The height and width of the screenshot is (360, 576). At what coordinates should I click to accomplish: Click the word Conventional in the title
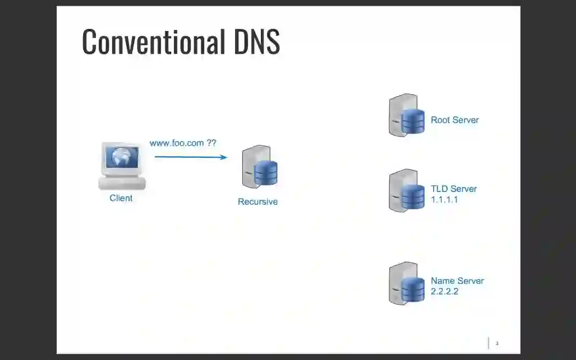(x=153, y=42)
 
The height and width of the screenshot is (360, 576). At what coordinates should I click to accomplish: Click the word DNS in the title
(x=257, y=42)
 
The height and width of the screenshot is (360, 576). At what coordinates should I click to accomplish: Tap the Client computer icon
(x=122, y=165)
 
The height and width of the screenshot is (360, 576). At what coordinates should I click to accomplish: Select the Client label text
(x=121, y=198)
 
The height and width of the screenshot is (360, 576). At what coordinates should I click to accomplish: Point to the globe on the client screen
(x=122, y=157)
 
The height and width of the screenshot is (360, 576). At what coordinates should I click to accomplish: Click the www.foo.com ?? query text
(x=183, y=143)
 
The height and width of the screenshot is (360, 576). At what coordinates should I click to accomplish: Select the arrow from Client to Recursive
(x=190, y=157)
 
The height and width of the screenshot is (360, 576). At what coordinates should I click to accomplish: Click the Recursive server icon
(x=260, y=167)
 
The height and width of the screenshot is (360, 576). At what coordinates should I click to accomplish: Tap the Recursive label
(x=258, y=202)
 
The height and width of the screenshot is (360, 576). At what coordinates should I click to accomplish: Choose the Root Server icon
(x=406, y=115)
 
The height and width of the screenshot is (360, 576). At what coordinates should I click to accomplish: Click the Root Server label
(x=455, y=120)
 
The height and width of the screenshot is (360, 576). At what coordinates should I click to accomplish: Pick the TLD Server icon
(x=406, y=190)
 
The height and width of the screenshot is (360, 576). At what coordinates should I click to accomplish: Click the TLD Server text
(x=454, y=189)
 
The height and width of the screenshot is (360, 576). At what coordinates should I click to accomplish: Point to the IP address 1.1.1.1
(x=444, y=199)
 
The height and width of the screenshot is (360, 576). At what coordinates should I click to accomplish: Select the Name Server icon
(x=406, y=283)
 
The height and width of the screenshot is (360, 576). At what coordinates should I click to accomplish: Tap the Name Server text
(x=457, y=281)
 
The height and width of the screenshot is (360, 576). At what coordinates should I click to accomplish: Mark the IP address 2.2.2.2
(x=444, y=291)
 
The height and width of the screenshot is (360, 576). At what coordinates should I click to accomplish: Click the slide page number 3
(x=497, y=343)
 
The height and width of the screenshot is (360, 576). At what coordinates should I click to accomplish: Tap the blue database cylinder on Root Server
(x=413, y=122)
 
